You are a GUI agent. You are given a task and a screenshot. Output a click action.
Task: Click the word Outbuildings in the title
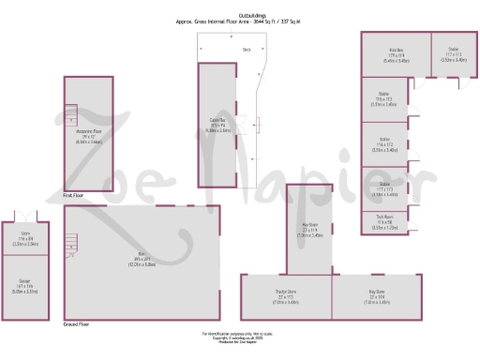[x=251, y=15]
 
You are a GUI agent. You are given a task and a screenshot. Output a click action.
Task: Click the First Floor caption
[x=74, y=196]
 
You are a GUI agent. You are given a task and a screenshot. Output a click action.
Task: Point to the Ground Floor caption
[x=78, y=323]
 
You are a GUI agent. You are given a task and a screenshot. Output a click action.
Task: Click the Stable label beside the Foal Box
[x=453, y=54]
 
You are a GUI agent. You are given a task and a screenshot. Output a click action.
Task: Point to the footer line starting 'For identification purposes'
[x=240, y=333]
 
